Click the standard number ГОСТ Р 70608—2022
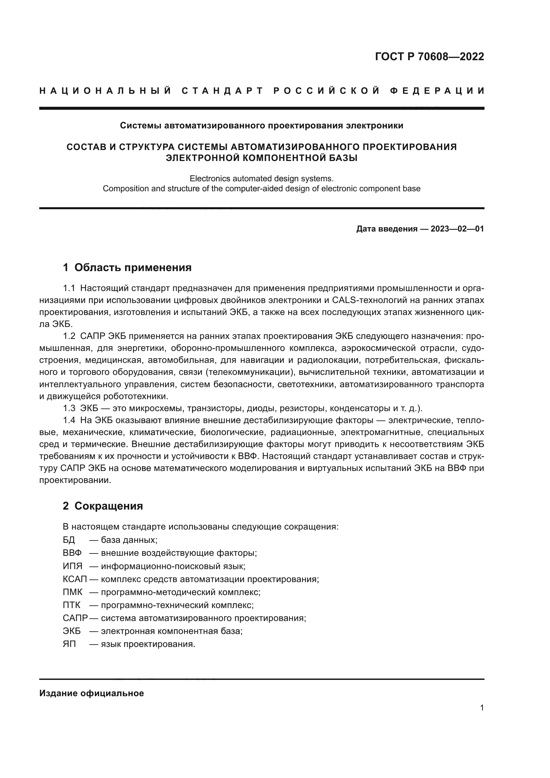429,56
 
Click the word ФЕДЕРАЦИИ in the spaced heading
437,91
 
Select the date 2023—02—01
457,229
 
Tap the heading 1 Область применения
127,267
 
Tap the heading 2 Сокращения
103,506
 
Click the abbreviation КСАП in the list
75,579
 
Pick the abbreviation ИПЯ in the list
73,566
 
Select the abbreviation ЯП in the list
69,644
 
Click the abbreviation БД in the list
69,540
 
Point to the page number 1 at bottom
482,708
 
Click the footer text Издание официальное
91,693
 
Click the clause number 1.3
69,408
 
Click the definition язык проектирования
148,644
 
